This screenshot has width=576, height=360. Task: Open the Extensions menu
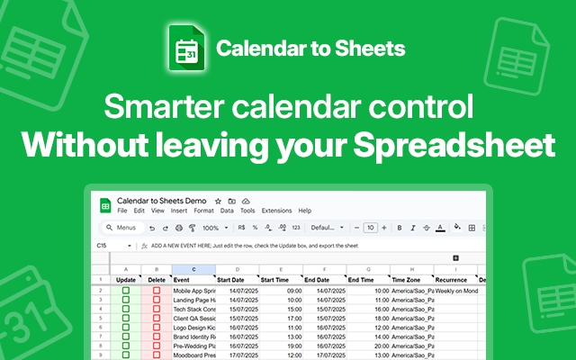pyautogui.click(x=276, y=211)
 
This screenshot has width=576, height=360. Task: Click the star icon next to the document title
pyautogui.click(x=218, y=200)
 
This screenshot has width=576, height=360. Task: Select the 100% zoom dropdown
pyautogui.click(x=212, y=228)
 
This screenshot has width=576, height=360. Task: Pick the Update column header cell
pyautogui.click(x=125, y=280)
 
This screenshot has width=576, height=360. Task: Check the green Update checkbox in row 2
pyautogui.click(x=126, y=292)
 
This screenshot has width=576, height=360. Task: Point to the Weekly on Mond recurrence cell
pyautogui.click(x=454, y=292)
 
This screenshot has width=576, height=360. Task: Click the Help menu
pyautogui.click(x=305, y=211)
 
